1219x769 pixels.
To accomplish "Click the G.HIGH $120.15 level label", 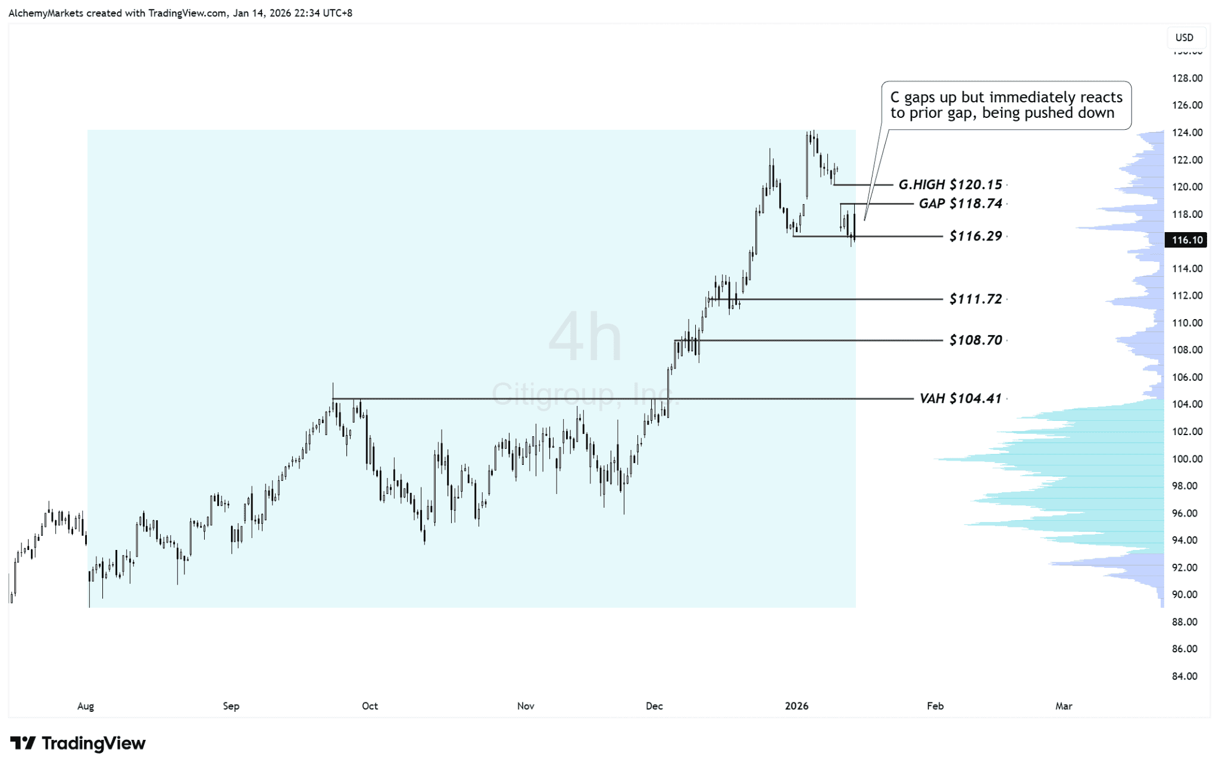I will (950, 185).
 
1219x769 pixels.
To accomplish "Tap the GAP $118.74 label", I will (960, 204).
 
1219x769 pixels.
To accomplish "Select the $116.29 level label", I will (976, 236).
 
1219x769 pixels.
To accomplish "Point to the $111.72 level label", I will (976, 299).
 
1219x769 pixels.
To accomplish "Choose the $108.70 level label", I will (976, 340).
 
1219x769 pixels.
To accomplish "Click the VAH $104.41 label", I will (960, 398).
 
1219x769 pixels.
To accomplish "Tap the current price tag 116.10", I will (1187, 240).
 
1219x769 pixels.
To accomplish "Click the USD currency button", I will (1184, 37).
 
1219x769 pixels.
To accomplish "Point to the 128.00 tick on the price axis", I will (1187, 78).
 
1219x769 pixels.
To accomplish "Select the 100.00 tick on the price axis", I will (1187, 459).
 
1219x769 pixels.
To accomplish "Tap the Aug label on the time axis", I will (86, 706).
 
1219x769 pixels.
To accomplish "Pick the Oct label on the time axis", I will (370, 706).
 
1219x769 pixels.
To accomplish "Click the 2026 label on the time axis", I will (796, 706).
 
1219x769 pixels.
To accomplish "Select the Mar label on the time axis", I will (1064, 706).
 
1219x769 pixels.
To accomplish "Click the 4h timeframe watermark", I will (585, 337).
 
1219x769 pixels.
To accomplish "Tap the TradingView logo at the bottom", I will (78, 743).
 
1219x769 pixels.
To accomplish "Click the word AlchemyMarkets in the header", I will (46, 13).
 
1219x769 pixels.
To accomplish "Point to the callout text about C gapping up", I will (1006, 105).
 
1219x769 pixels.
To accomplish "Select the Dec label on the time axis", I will (654, 706).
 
